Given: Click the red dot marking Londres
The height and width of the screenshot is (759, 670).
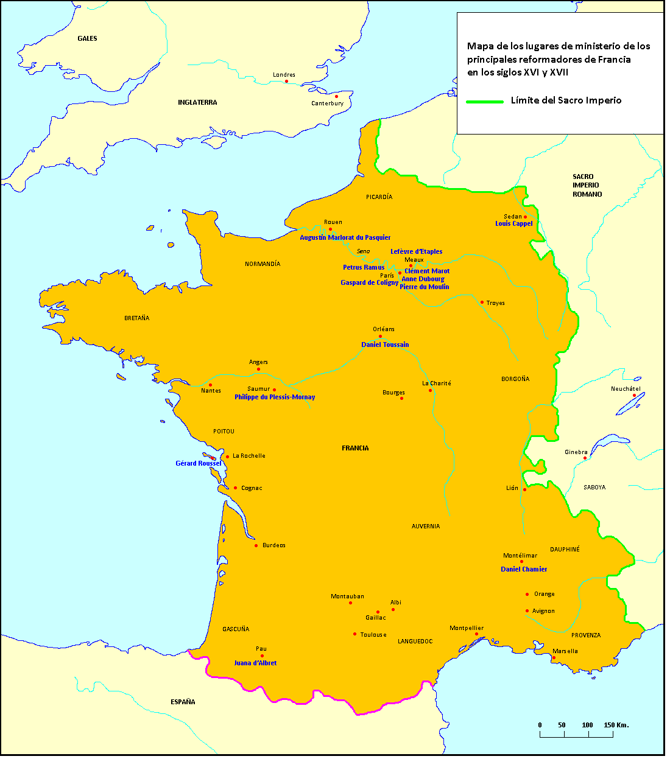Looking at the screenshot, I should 286,81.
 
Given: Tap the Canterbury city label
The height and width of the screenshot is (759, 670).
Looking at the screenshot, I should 327,103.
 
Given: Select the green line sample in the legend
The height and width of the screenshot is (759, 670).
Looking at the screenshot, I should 485,102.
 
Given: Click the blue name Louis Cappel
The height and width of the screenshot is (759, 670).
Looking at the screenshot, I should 513,224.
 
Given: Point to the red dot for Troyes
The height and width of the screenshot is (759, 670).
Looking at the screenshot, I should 482,302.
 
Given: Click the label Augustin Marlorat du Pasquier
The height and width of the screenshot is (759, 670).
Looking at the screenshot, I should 345,238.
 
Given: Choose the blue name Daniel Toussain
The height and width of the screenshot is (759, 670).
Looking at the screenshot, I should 385,345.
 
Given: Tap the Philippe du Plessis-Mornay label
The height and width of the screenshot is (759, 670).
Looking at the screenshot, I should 275,397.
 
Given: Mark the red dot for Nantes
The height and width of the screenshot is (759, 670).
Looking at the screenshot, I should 210,385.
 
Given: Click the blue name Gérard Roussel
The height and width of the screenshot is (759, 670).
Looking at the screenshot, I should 199,464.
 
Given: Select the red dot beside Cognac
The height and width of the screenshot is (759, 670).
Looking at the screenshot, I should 236,488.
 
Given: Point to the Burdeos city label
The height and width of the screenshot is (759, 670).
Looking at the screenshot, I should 273,545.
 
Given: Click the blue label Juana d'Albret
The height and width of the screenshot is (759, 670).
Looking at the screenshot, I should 255,663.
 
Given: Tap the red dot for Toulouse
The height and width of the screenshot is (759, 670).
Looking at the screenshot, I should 354,634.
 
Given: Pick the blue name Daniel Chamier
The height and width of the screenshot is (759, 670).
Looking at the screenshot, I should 524,570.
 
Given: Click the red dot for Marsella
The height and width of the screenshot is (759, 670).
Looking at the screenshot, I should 554,657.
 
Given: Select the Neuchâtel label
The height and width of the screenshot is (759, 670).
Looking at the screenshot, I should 626,389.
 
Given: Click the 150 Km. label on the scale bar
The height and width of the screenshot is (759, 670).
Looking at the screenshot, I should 616,726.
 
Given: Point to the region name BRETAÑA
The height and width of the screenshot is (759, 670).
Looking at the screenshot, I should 136,318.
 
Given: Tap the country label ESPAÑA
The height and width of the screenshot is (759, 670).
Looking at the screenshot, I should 183,702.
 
